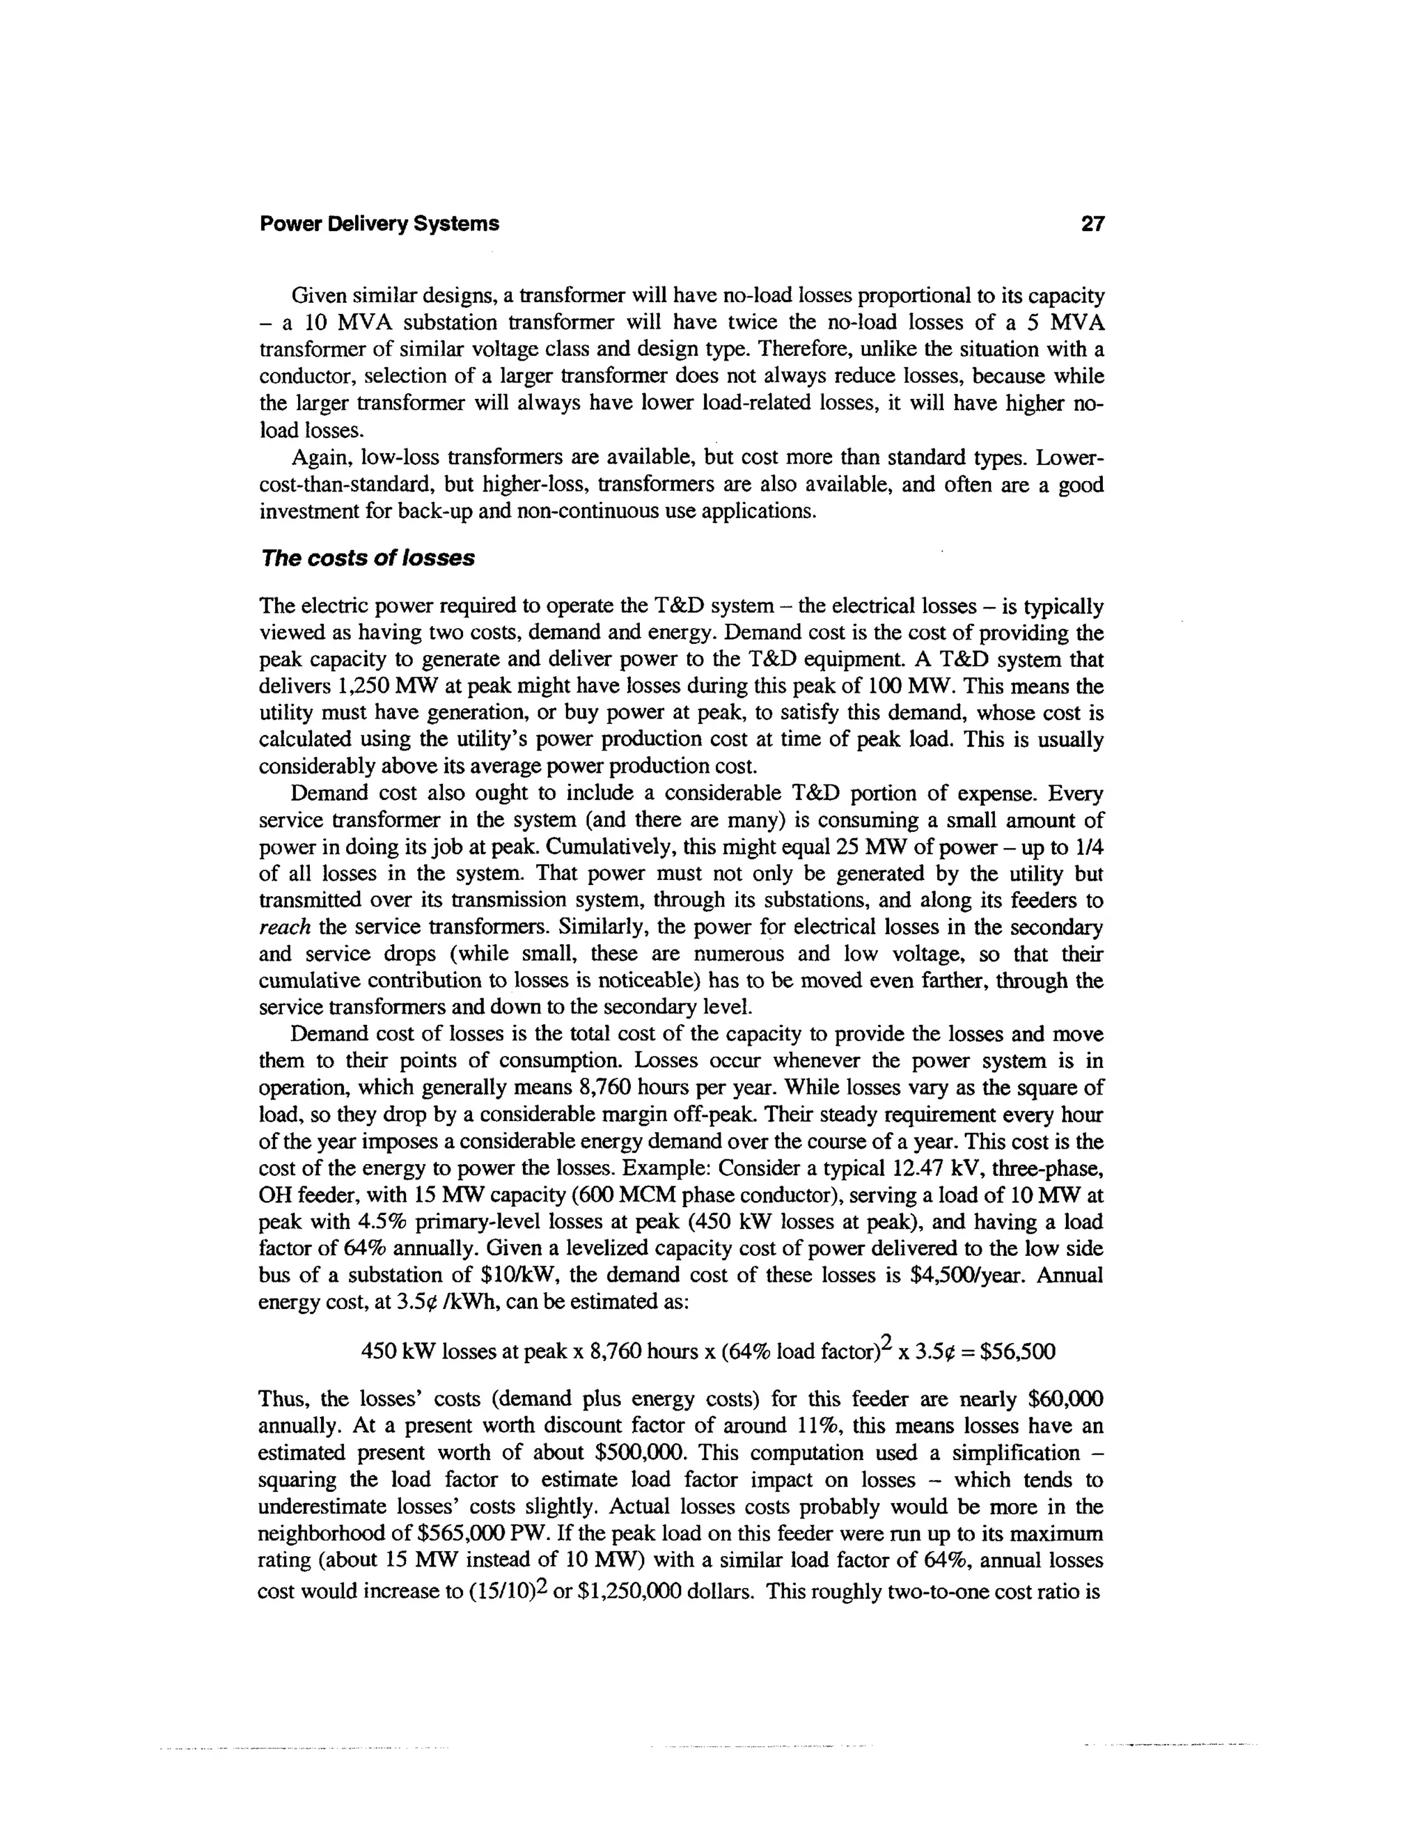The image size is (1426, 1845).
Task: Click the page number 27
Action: [1092, 224]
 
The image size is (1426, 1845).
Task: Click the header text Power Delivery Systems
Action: [379, 224]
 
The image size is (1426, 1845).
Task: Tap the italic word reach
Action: [285, 927]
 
